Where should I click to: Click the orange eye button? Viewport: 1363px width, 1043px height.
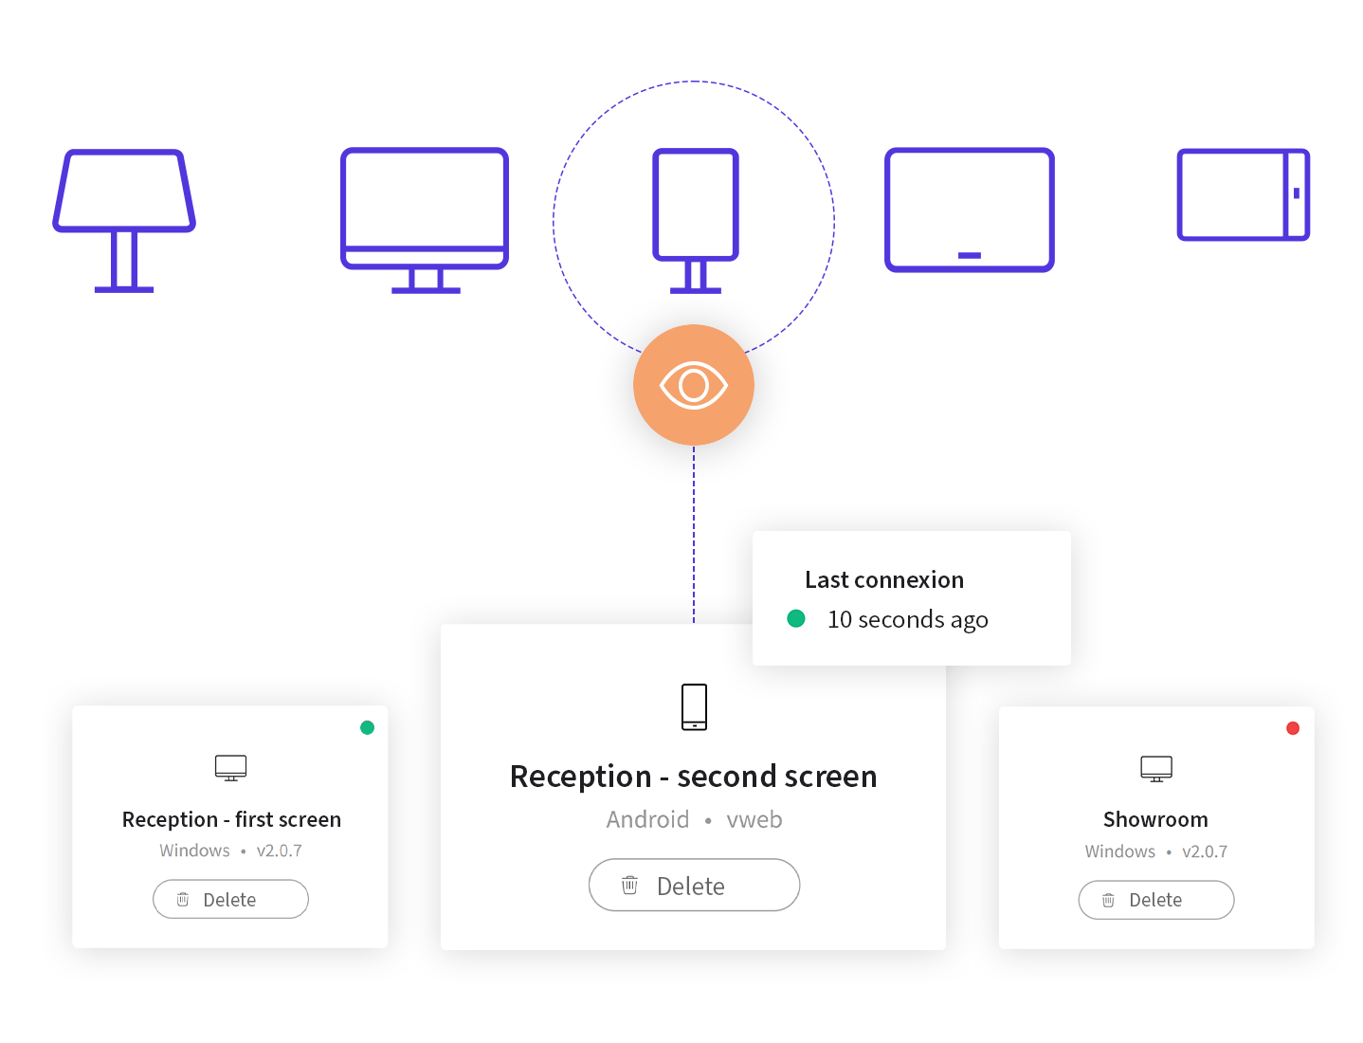tap(694, 385)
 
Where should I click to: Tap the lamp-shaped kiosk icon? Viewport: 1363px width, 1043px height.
tap(123, 221)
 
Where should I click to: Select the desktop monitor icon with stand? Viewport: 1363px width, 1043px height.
tap(425, 221)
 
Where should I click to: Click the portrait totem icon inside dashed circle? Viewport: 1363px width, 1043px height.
tap(696, 221)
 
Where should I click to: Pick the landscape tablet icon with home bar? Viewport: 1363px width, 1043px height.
tap(970, 210)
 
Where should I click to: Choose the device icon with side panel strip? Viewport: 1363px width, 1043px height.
tap(1244, 194)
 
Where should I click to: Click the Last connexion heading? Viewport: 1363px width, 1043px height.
tap(884, 579)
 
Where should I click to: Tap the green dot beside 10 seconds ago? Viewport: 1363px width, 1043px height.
tap(796, 619)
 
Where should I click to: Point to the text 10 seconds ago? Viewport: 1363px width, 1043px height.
tap(907, 620)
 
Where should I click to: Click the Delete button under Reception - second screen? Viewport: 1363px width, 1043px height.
tap(694, 886)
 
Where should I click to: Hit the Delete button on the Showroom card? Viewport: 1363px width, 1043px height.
tap(1155, 900)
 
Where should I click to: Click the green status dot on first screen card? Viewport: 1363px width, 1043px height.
tap(367, 727)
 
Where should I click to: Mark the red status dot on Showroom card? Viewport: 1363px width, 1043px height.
tap(1293, 728)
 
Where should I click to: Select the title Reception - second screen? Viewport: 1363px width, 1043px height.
tap(694, 777)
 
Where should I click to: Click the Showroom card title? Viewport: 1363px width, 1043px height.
tap(1155, 819)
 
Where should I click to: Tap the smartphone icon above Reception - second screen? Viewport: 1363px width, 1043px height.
tap(694, 707)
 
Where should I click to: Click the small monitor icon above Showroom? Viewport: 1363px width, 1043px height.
tap(1156, 769)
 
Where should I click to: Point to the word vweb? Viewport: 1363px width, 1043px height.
tap(754, 820)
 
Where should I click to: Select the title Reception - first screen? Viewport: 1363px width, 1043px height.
tap(231, 819)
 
